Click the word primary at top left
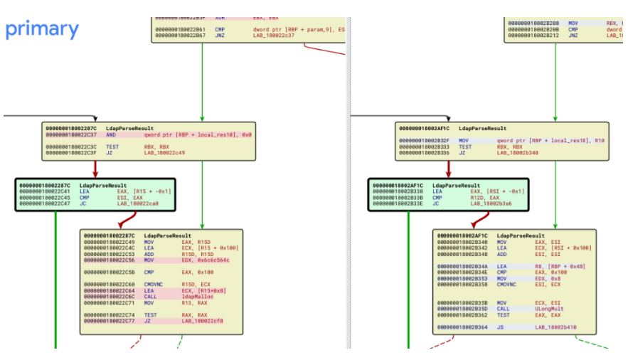point(42,29)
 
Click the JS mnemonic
point(500,327)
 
